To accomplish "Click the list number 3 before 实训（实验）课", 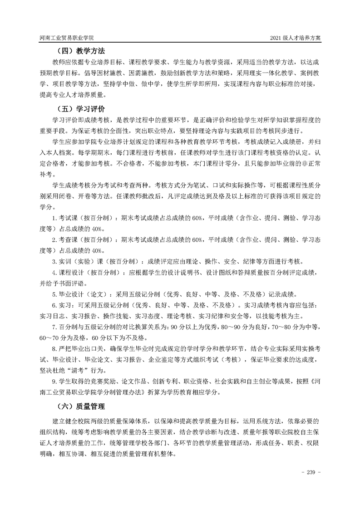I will pos(54,261).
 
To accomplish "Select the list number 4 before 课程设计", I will pos(54,273).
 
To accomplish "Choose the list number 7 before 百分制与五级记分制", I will pos(54,327).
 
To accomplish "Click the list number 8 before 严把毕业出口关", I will pos(54,348).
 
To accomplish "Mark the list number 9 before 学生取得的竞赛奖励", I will pos(54,381).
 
